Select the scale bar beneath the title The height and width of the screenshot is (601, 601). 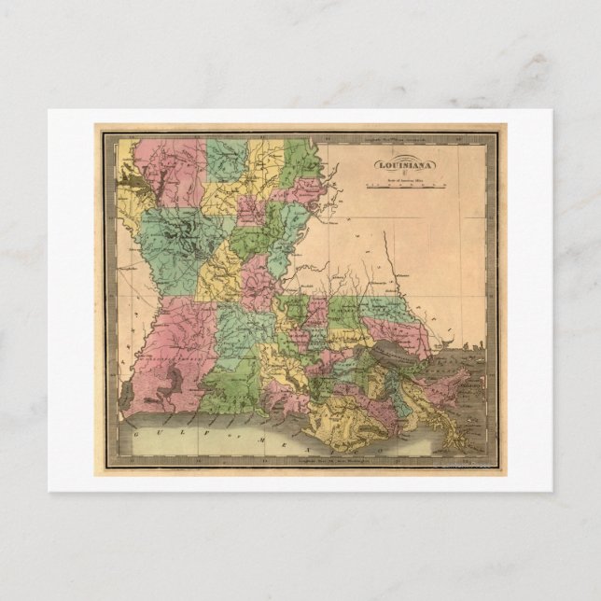[405, 186]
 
